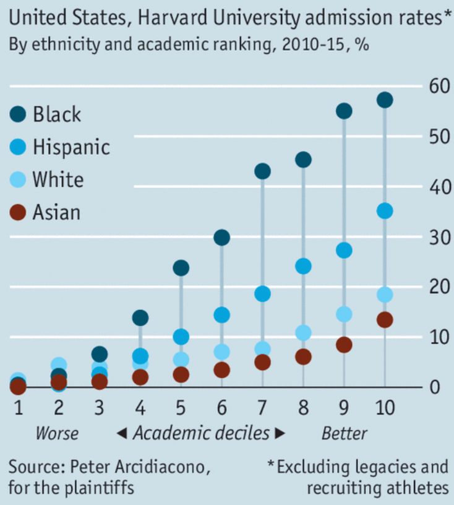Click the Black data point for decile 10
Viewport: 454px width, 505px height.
[x=385, y=100]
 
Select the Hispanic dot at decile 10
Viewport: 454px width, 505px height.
[x=385, y=211]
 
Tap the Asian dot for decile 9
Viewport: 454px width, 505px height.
[x=344, y=345]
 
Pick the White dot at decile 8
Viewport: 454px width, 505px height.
[x=303, y=333]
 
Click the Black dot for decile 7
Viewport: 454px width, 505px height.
[x=262, y=171]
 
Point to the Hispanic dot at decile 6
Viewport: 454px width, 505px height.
[x=221, y=315]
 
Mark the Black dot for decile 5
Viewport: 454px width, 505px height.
[x=181, y=268]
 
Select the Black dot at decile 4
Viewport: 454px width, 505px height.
[x=140, y=318]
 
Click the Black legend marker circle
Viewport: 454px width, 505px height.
[x=19, y=114]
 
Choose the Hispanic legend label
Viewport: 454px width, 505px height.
[x=71, y=147]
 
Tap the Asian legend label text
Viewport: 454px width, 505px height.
[x=56, y=213]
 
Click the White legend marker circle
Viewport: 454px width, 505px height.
[x=19, y=180]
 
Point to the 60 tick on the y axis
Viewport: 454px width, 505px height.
[x=436, y=85]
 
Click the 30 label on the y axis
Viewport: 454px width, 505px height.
[x=436, y=236]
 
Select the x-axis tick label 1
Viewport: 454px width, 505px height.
[x=19, y=408]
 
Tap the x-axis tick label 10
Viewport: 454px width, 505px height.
[x=385, y=408]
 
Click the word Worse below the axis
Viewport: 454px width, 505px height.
[x=57, y=433]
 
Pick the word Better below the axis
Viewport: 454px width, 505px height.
[x=344, y=433]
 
